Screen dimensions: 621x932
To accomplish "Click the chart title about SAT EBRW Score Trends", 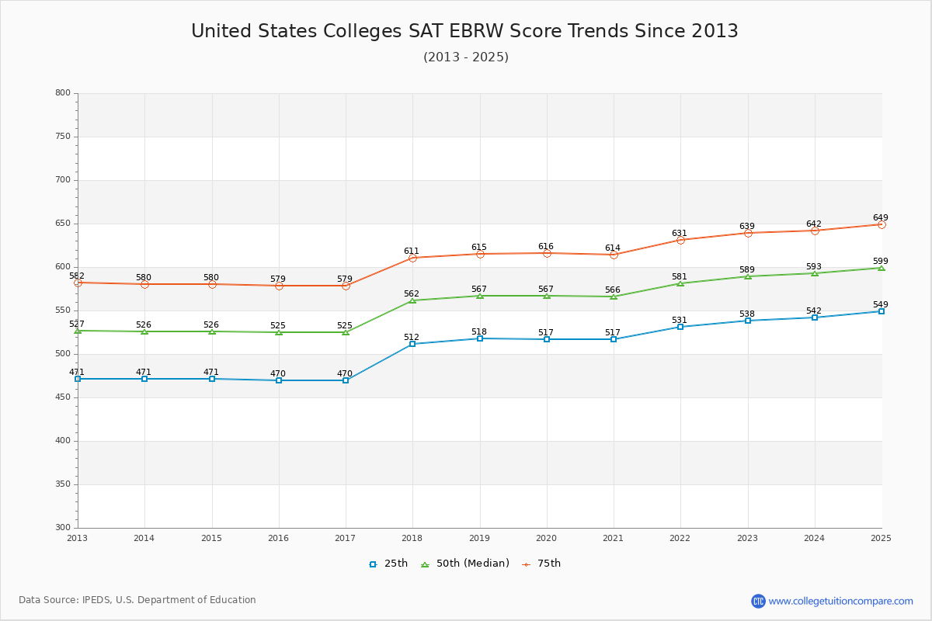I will point(464,31).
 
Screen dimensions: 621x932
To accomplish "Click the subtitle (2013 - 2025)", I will point(465,57).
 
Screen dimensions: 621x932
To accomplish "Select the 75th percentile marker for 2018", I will point(412,258).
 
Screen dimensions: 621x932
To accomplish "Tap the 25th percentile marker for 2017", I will point(346,380).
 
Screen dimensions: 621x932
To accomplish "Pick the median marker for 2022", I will point(680,283).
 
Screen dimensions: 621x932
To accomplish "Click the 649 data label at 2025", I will point(880,218).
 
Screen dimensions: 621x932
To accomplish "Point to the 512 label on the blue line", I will point(411,338).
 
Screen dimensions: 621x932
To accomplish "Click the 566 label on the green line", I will point(613,290).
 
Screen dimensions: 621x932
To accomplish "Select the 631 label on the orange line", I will point(680,234).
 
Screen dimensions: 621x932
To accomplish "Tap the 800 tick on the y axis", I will point(63,93).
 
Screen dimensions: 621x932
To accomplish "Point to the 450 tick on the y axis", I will point(63,397).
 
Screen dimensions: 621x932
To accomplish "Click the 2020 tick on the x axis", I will point(546,538).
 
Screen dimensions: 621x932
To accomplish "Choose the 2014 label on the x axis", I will point(144,538).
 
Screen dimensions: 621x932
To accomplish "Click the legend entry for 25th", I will point(388,564).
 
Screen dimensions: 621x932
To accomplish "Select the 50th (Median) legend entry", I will point(465,564).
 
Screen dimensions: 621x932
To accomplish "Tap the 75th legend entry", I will point(541,564).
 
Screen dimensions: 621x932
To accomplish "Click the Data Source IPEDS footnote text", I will point(137,600).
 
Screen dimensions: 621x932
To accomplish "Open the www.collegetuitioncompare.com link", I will point(840,601).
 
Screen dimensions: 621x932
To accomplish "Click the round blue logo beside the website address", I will point(758,601).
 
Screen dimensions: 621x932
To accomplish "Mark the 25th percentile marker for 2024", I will point(815,317).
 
